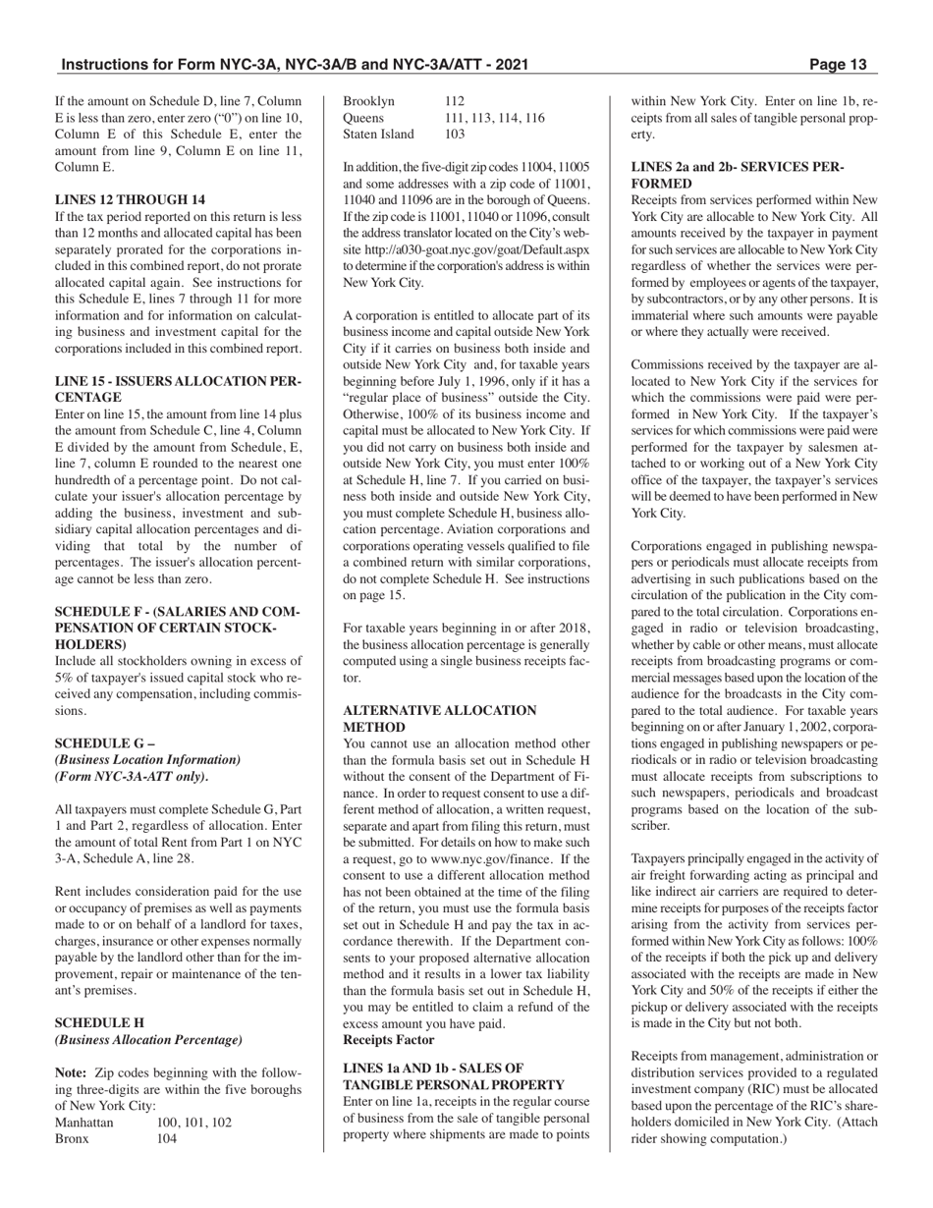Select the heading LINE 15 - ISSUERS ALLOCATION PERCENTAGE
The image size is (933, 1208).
[x=178, y=389]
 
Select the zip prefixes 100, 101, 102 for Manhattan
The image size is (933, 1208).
[x=193, y=1122]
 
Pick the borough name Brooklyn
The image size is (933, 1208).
[x=368, y=101]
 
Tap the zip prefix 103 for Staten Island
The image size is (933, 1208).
[x=455, y=134]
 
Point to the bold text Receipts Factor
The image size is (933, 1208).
[x=388, y=1039]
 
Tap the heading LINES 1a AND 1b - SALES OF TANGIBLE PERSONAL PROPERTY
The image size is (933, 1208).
[x=453, y=1076]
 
